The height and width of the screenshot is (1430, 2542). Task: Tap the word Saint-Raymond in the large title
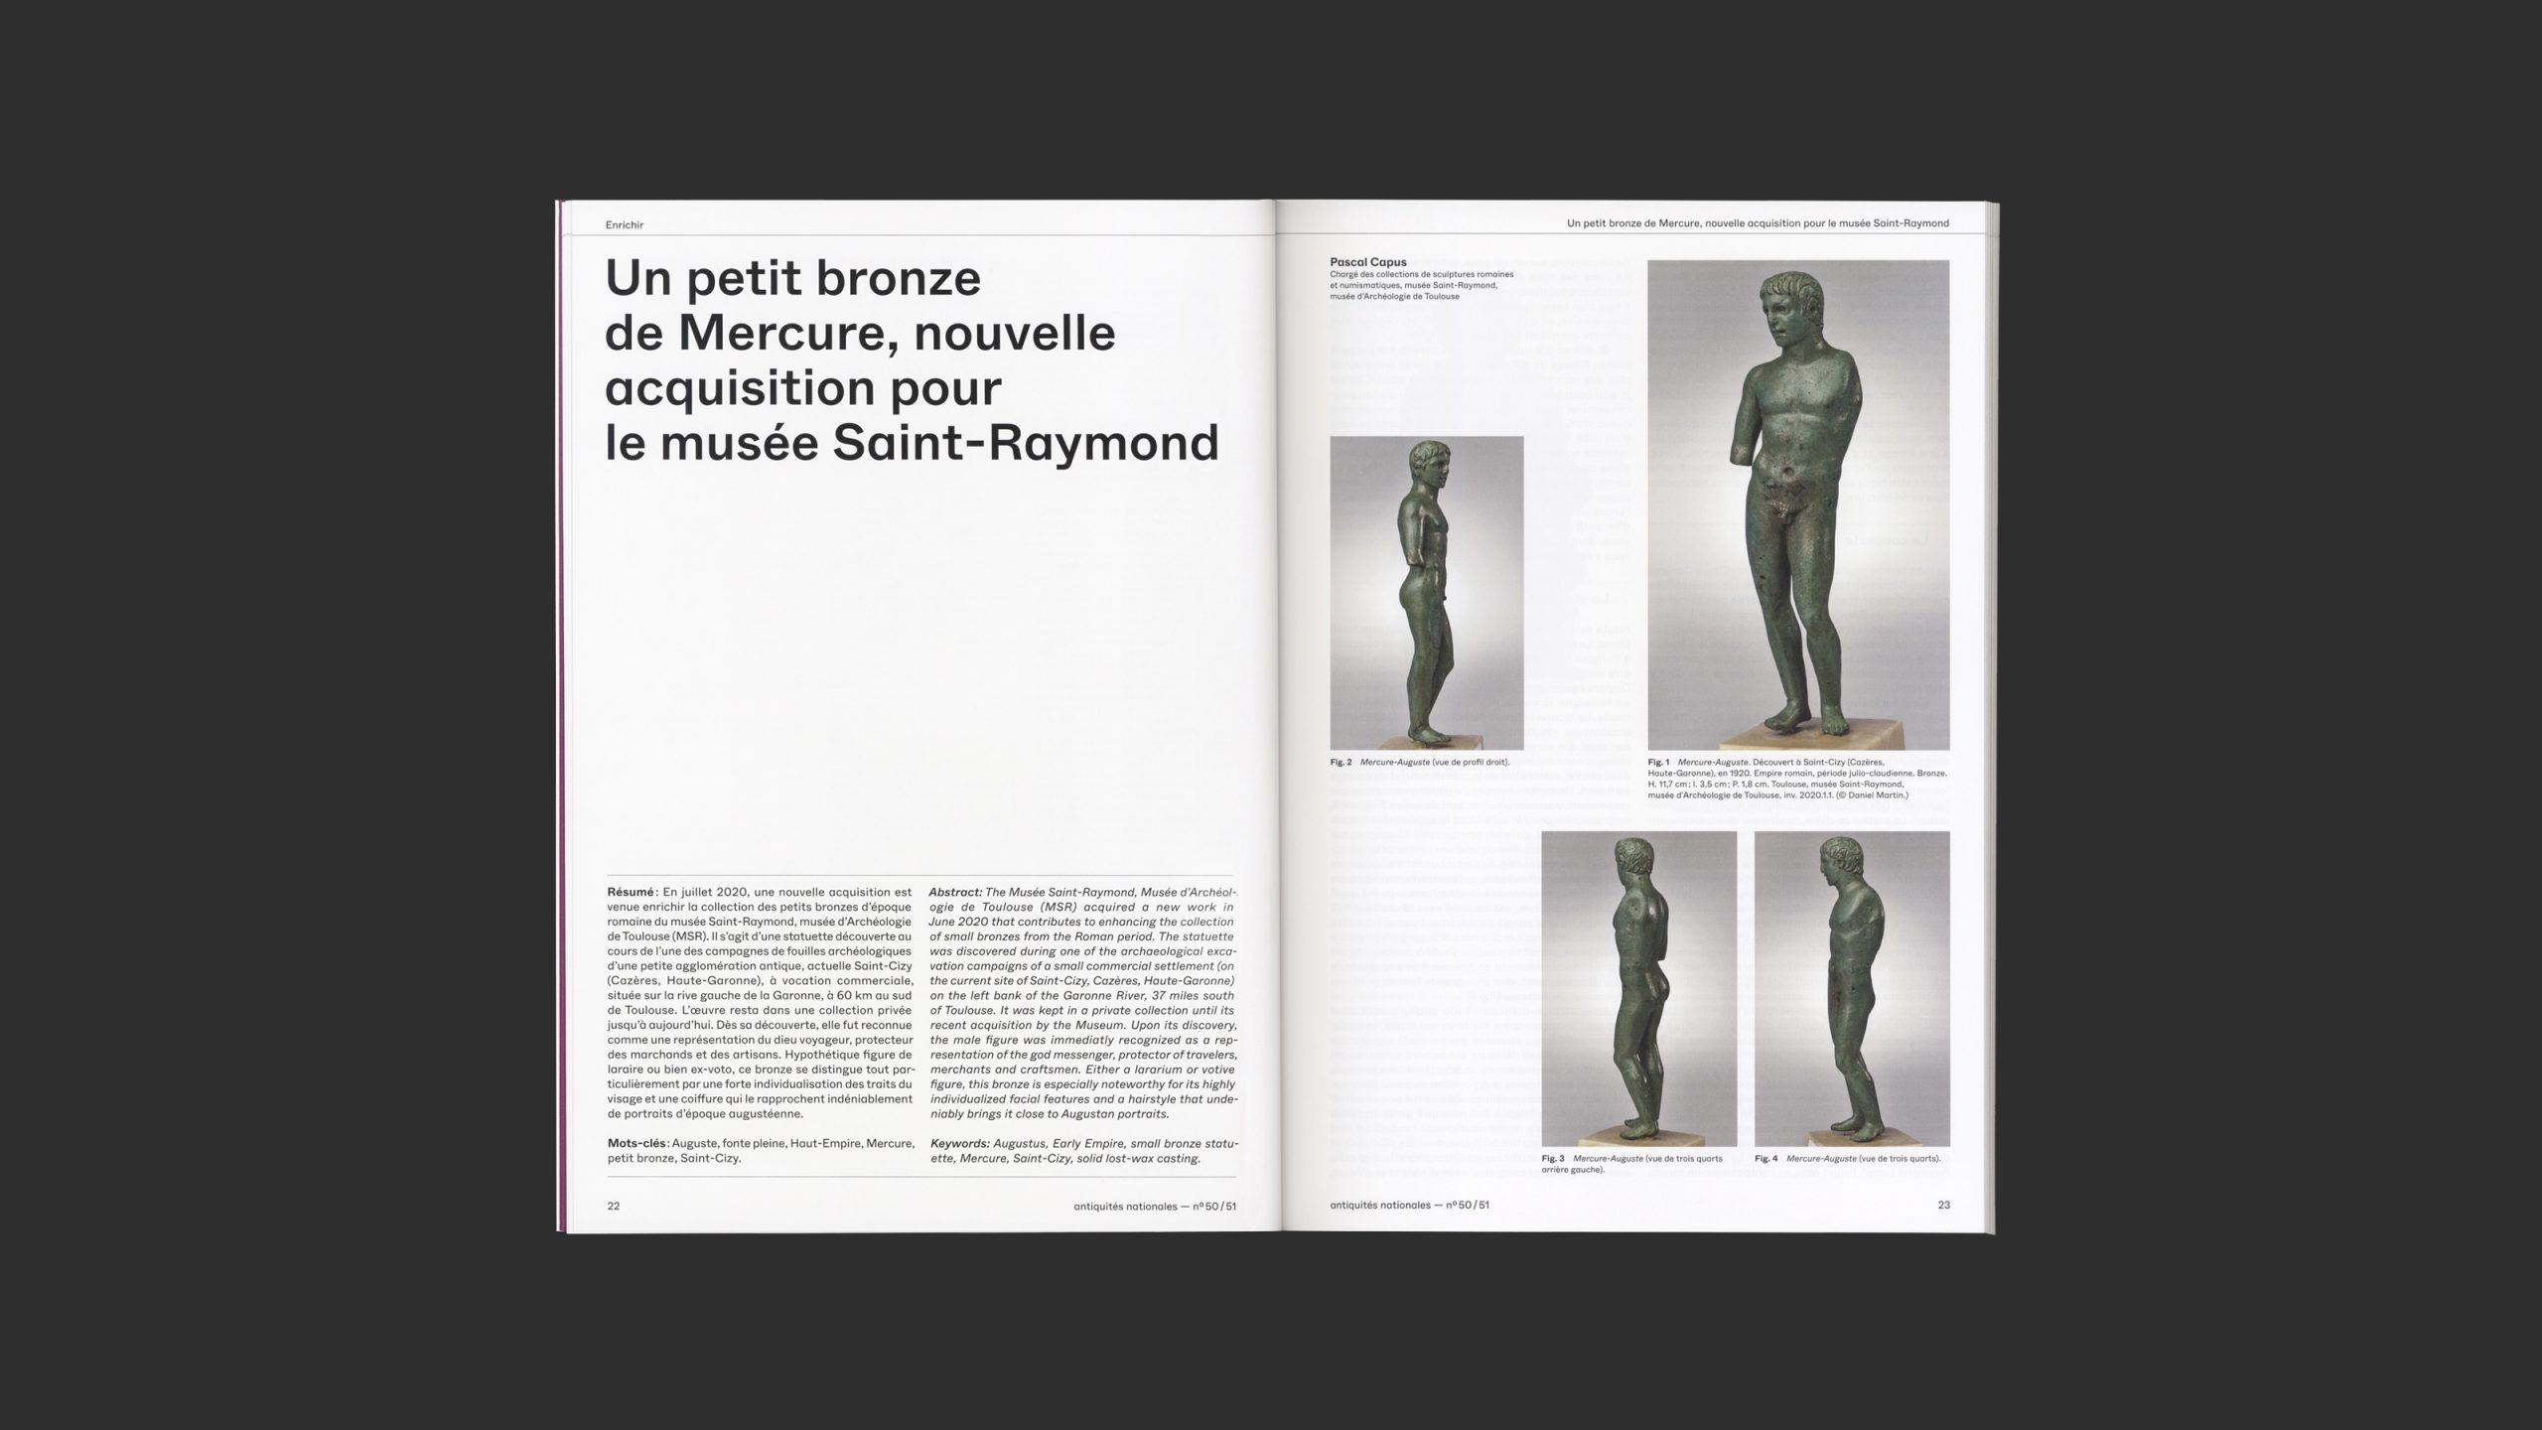click(x=1025, y=443)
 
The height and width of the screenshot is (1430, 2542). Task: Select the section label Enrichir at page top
click(x=625, y=225)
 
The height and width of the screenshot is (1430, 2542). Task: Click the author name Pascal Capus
click(x=1368, y=262)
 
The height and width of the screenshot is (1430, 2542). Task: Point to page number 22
click(x=614, y=1206)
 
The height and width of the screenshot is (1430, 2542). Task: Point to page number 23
click(x=1943, y=1205)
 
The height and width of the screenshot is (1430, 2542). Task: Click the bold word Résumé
click(x=631, y=893)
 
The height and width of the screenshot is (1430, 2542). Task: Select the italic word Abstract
click(x=955, y=893)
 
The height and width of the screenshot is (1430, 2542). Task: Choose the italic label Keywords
click(x=960, y=1143)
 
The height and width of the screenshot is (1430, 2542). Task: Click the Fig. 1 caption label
click(x=1658, y=763)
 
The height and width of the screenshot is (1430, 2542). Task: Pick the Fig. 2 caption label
click(x=1341, y=763)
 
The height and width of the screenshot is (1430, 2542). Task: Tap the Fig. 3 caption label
click(x=1553, y=1159)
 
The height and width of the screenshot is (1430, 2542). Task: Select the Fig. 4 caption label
click(x=1765, y=1159)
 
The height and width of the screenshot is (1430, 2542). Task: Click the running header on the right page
click(x=1758, y=223)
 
